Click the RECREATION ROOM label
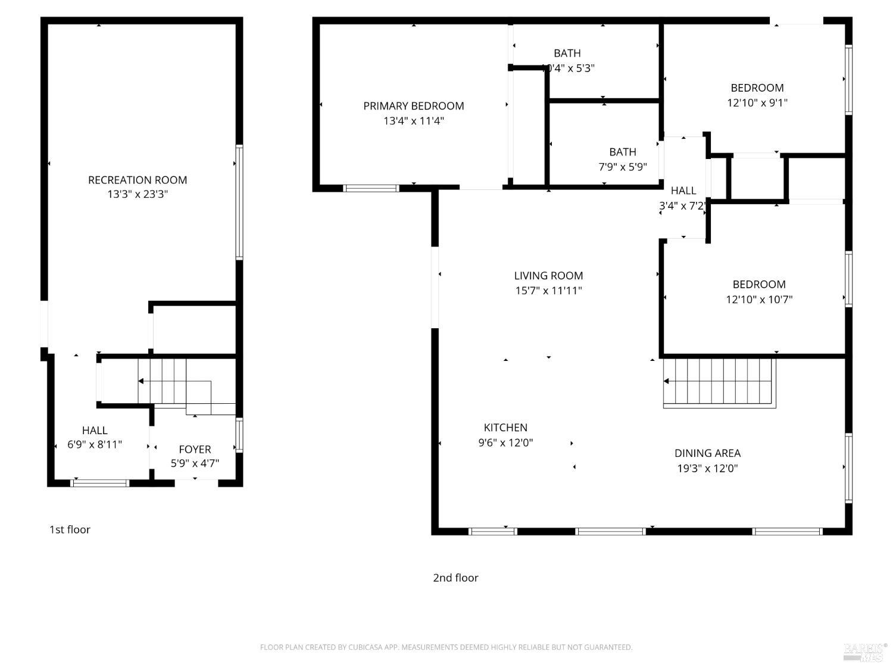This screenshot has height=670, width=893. (x=138, y=180)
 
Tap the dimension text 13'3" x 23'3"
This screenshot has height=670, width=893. (x=138, y=194)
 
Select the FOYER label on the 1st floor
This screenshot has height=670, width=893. (x=195, y=449)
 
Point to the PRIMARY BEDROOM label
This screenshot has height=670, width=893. (x=414, y=106)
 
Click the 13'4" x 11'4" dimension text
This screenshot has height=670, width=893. (x=414, y=121)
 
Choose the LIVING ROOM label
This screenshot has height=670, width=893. (x=548, y=276)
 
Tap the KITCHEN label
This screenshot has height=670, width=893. (x=505, y=428)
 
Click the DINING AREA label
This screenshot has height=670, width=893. (x=707, y=453)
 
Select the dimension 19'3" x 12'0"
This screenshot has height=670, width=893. (x=707, y=468)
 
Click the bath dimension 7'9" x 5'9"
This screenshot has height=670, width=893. (x=623, y=167)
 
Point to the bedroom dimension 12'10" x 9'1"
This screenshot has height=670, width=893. (x=757, y=102)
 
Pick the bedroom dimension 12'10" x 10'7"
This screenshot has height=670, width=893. (x=759, y=300)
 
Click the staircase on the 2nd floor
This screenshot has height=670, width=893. (x=719, y=382)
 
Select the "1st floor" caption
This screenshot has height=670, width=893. (x=70, y=529)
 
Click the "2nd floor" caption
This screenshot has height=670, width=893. (x=455, y=578)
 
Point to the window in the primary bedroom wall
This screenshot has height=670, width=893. (x=371, y=188)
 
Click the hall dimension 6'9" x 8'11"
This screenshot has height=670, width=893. (x=95, y=444)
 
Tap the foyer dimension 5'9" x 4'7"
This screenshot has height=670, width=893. (x=195, y=463)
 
